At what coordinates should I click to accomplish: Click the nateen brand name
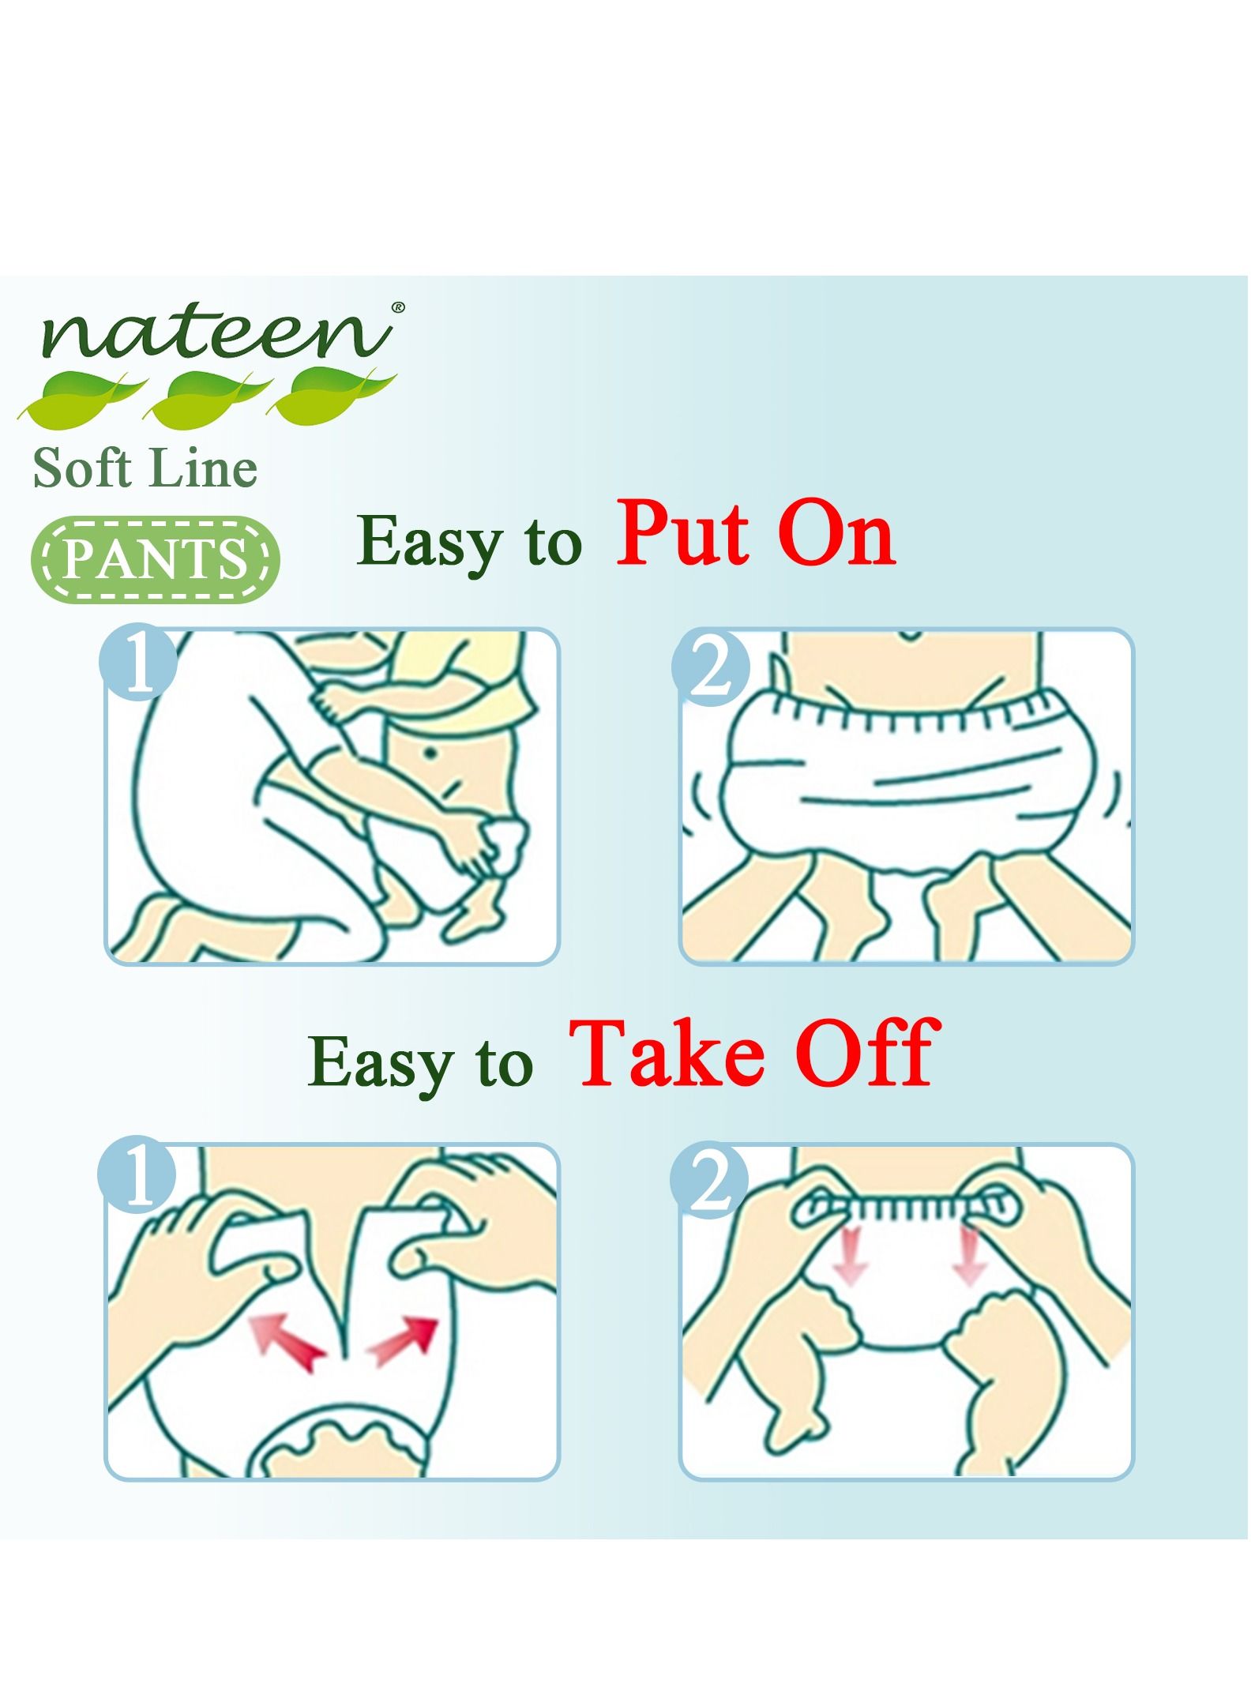(215, 332)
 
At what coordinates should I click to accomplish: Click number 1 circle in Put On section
(137, 662)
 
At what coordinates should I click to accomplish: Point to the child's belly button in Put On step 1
(431, 753)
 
